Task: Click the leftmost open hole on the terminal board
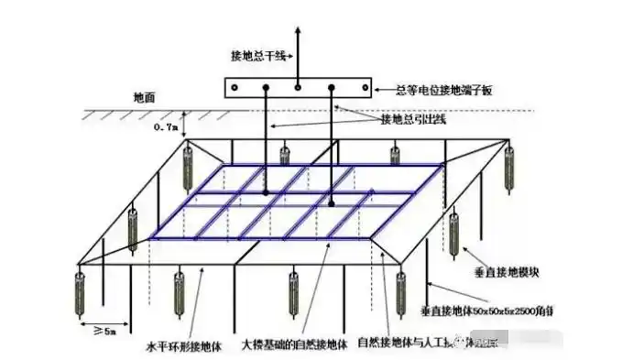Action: tap(235, 89)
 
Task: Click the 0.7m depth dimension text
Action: tap(166, 128)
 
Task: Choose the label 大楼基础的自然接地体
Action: tap(294, 347)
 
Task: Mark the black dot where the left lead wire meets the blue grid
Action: tap(266, 193)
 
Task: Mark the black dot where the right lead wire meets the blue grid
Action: tap(332, 202)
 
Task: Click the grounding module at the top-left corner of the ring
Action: tap(190, 162)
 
